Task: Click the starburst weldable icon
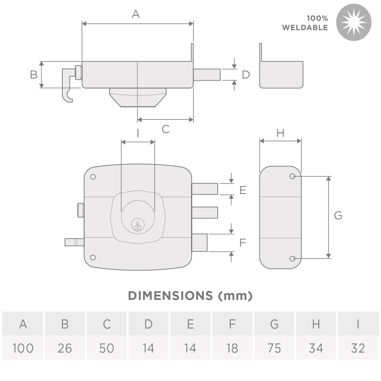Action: (354, 22)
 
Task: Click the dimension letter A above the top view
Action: (136, 14)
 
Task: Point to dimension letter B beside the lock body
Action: (34, 74)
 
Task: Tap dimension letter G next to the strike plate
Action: (338, 215)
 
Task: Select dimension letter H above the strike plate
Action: (280, 133)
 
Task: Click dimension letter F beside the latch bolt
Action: (242, 242)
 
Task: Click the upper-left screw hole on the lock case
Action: (93, 177)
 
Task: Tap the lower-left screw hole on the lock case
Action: (93, 257)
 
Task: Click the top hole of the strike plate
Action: (292, 176)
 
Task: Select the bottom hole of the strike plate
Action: (292, 258)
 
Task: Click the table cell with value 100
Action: (23, 348)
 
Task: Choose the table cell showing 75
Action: (274, 348)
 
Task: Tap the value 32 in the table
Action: (358, 348)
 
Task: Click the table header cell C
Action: (107, 324)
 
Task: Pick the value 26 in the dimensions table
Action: (65, 348)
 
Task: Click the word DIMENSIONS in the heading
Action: (170, 296)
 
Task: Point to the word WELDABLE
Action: (305, 28)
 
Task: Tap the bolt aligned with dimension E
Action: (205, 189)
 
